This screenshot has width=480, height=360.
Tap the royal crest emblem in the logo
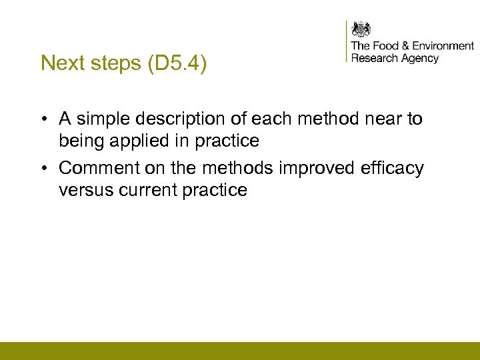[361, 30]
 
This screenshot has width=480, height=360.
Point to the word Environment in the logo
[443, 45]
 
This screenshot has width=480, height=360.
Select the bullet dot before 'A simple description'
[43, 119]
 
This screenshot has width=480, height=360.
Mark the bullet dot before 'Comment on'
[43, 169]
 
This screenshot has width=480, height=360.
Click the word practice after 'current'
[215, 190]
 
